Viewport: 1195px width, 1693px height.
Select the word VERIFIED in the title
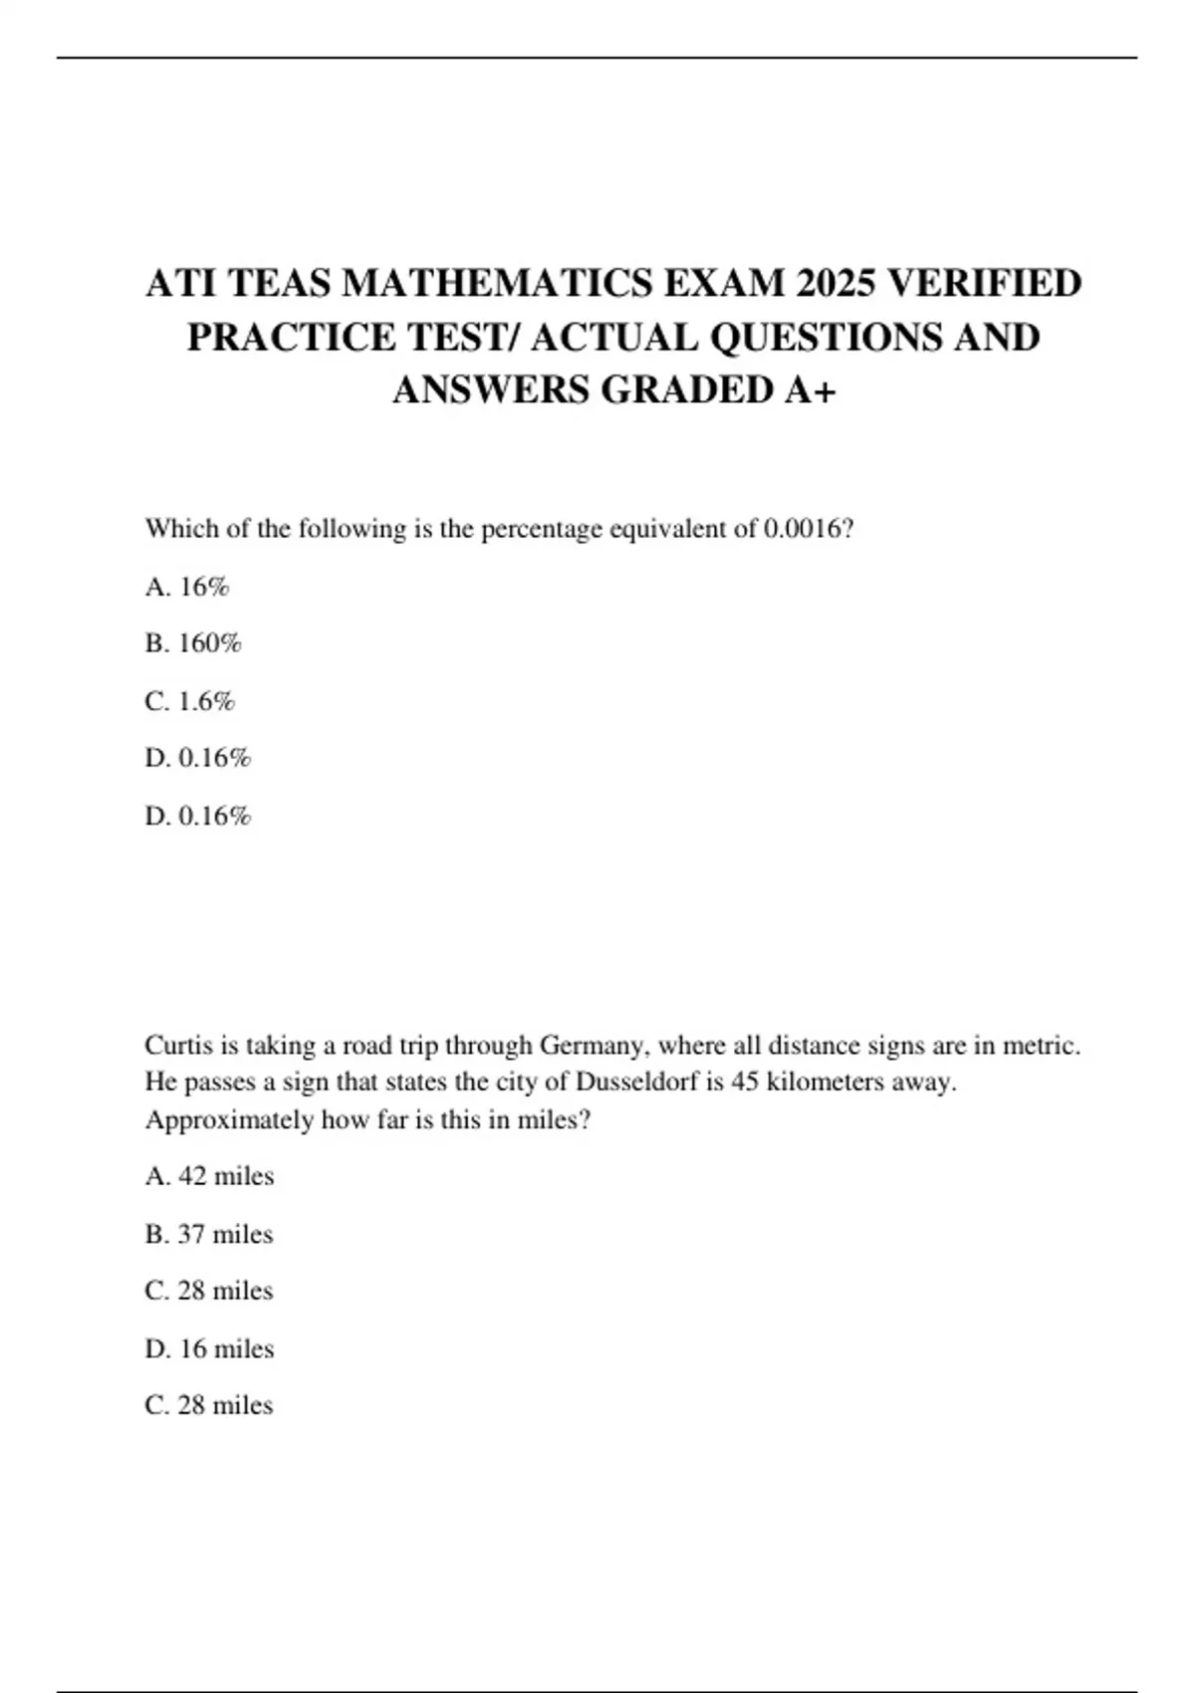[x=984, y=284]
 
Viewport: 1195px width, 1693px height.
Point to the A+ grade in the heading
[x=810, y=389]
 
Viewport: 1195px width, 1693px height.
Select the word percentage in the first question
[x=542, y=529]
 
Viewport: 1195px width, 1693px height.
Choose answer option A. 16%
[x=187, y=587]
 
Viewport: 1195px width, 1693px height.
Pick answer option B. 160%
[x=193, y=643]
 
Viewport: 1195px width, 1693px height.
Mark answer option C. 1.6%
[x=190, y=701]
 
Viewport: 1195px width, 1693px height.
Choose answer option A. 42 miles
[x=209, y=1176]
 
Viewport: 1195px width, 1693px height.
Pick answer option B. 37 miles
[x=209, y=1234]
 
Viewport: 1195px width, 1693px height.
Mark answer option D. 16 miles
[x=209, y=1348]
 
